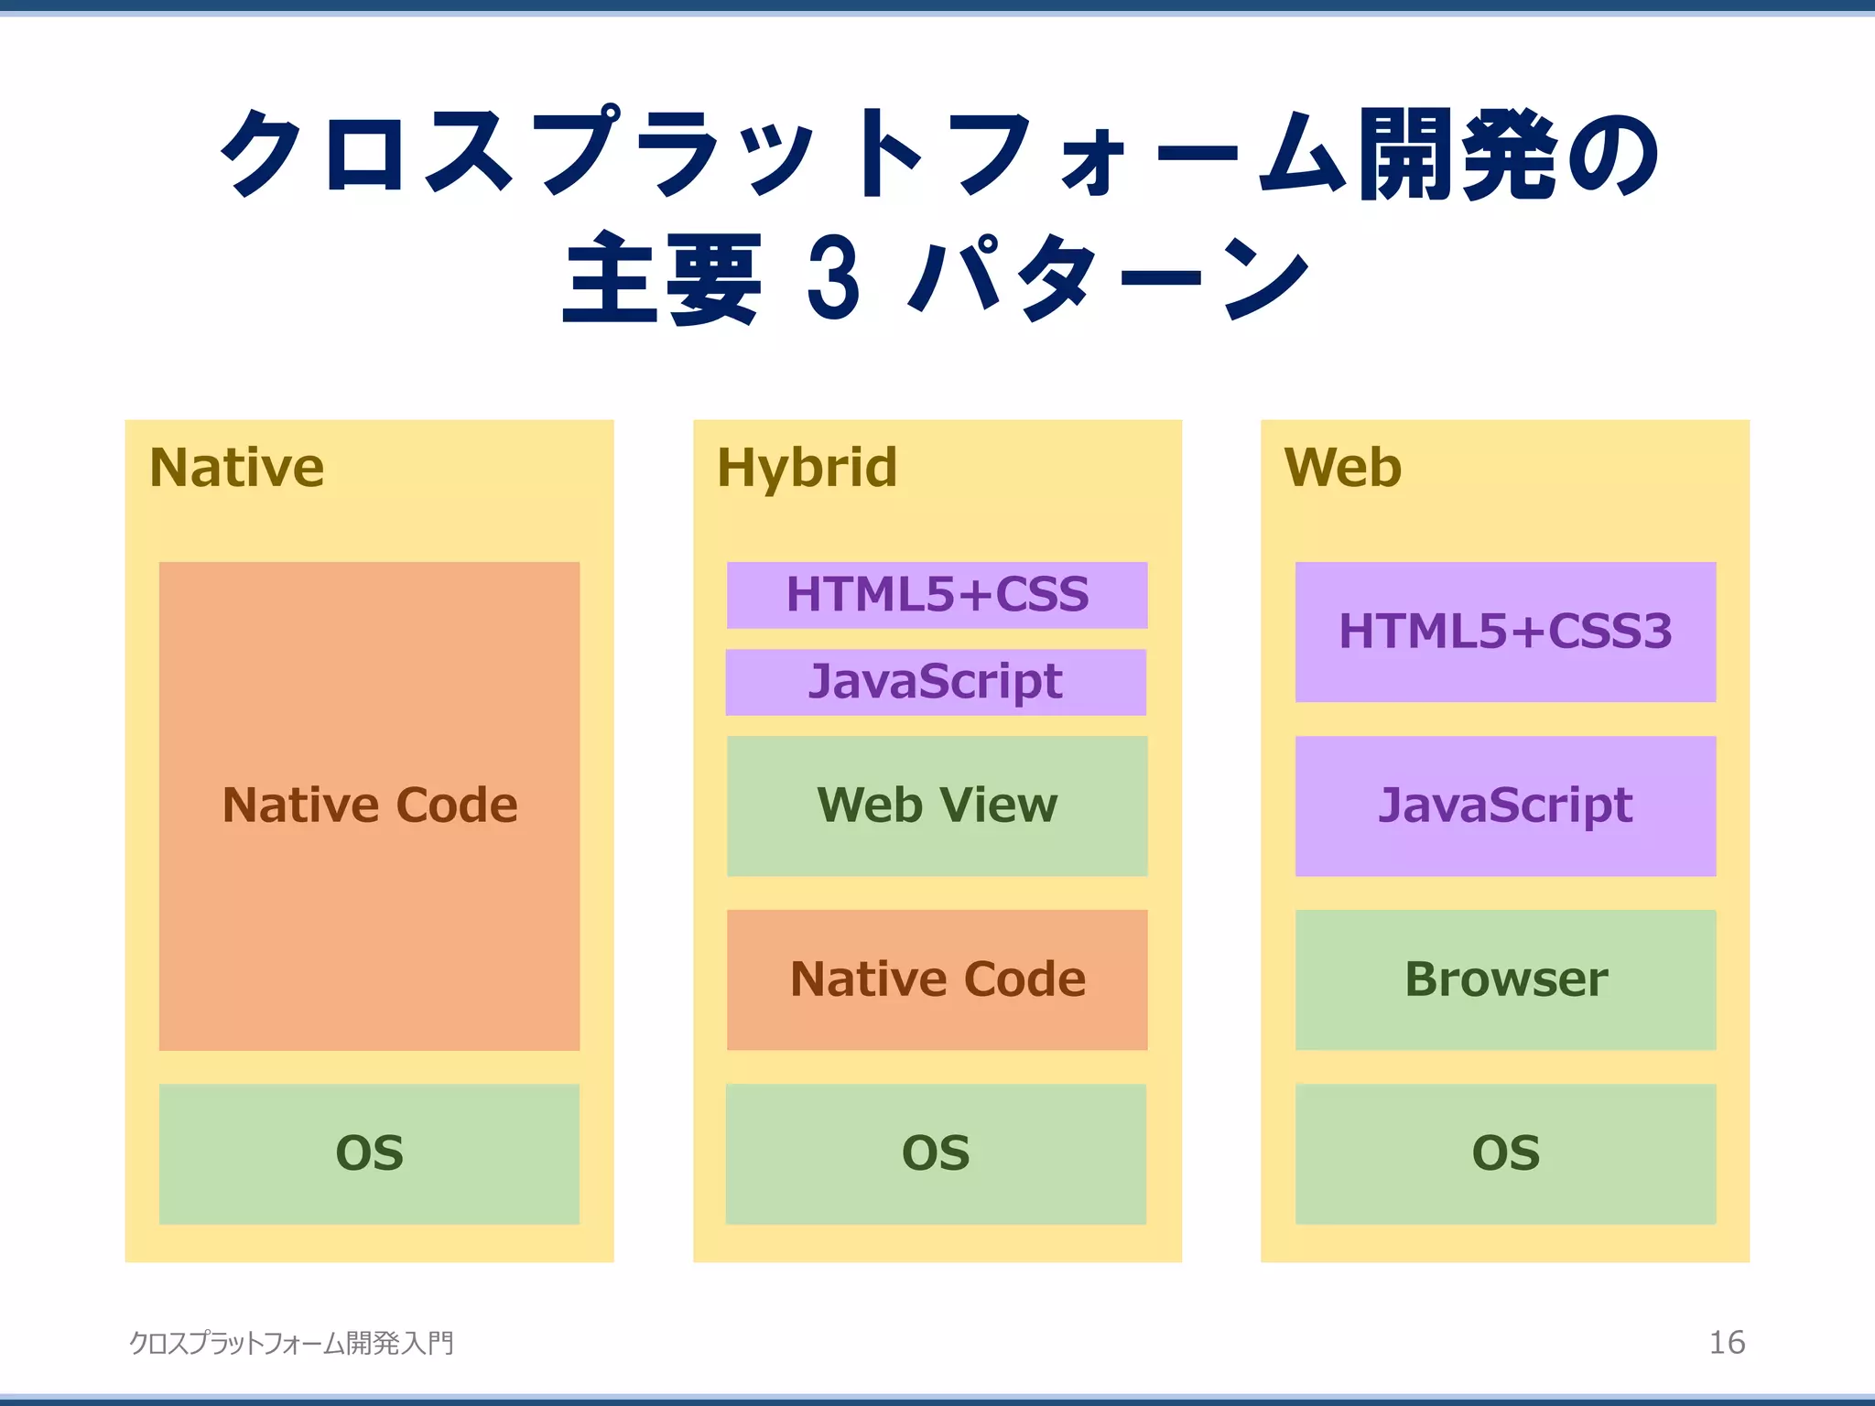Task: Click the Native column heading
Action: [x=236, y=468]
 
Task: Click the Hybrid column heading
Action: [x=807, y=468]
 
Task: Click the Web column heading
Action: [x=1342, y=468]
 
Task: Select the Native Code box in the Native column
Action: [x=369, y=806]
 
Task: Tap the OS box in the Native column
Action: [x=369, y=1153]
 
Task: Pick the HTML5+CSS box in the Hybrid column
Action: [x=937, y=595]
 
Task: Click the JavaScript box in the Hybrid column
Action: [x=936, y=682]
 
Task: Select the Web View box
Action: [x=937, y=806]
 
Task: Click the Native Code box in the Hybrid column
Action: [x=937, y=979]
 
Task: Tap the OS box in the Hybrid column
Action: [x=936, y=1153]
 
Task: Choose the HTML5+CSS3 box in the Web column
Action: [x=1505, y=632]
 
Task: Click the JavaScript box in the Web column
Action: [x=1505, y=806]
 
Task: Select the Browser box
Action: [x=1505, y=979]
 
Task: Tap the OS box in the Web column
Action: [x=1505, y=1153]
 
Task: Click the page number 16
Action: [x=1727, y=1343]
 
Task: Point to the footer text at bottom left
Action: [x=291, y=1343]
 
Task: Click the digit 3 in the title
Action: [x=833, y=278]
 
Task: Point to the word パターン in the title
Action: [x=1108, y=278]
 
